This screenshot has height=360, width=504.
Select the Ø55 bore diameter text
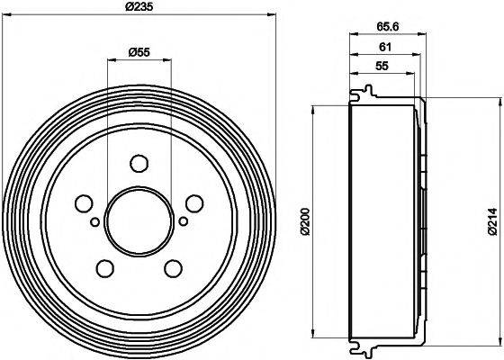click(138, 52)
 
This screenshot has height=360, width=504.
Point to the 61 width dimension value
click(383, 48)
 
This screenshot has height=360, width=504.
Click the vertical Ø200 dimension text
click(306, 221)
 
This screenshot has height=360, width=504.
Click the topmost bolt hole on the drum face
click(138, 164)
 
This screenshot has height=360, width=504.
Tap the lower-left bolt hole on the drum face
click(105, 267)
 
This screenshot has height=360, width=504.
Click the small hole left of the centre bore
click(94, 220)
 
